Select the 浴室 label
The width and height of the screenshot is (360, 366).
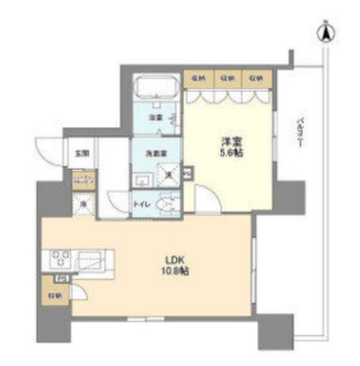(155, 117)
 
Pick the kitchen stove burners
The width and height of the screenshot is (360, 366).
(61, 259)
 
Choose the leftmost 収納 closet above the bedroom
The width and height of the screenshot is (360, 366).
(197, 78)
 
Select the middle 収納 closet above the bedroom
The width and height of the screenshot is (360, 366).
(227, 78)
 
